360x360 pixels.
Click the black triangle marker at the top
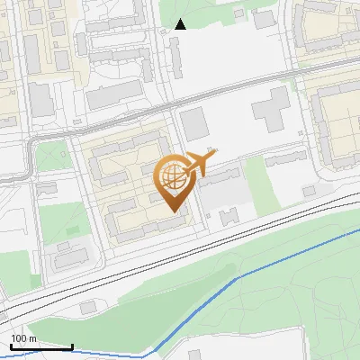point(181,24)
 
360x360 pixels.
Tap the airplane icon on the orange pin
point(198,163)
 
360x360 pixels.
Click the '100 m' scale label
point(23,338)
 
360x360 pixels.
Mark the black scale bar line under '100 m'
point(41,346)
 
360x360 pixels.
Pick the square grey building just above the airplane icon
point(194,123)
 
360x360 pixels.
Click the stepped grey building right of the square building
point(270,109)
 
